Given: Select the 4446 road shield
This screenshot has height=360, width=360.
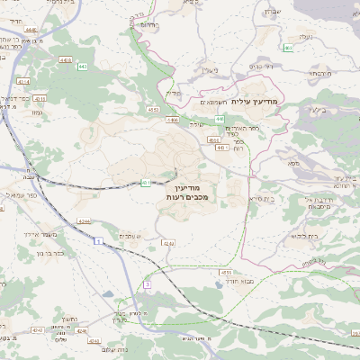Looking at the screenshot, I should (31, 29).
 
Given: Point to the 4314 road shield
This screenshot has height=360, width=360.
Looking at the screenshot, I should (24, 82).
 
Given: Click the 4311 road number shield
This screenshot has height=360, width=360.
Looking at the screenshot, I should (40, 99).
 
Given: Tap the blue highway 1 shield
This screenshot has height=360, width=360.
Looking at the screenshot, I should (94, 240).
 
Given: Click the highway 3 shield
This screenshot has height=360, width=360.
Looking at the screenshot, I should (147, 283).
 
